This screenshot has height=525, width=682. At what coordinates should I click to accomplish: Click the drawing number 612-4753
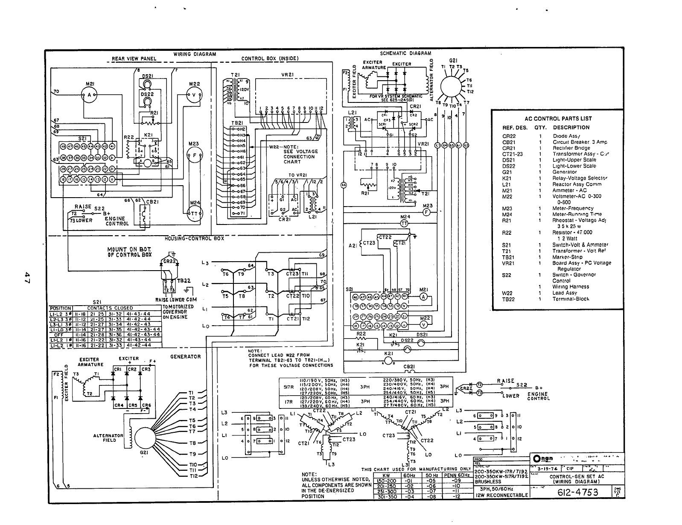(577, 492)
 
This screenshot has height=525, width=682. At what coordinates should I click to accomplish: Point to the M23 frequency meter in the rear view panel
(195, 155)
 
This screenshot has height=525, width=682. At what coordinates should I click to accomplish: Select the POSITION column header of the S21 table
(61, 308)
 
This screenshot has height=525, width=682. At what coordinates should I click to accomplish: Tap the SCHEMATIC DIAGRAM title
(405, 53)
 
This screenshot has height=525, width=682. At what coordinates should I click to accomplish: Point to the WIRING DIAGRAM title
(195, 54)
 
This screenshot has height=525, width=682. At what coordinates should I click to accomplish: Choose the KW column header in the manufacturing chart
(386, 475)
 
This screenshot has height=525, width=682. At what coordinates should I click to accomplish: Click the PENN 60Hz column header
(457, 475)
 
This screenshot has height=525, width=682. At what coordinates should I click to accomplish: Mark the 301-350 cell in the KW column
(388, 496)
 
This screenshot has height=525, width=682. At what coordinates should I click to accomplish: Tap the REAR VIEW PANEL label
(134, 59)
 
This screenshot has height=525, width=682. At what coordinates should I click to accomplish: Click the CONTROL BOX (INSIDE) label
(270, 59)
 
